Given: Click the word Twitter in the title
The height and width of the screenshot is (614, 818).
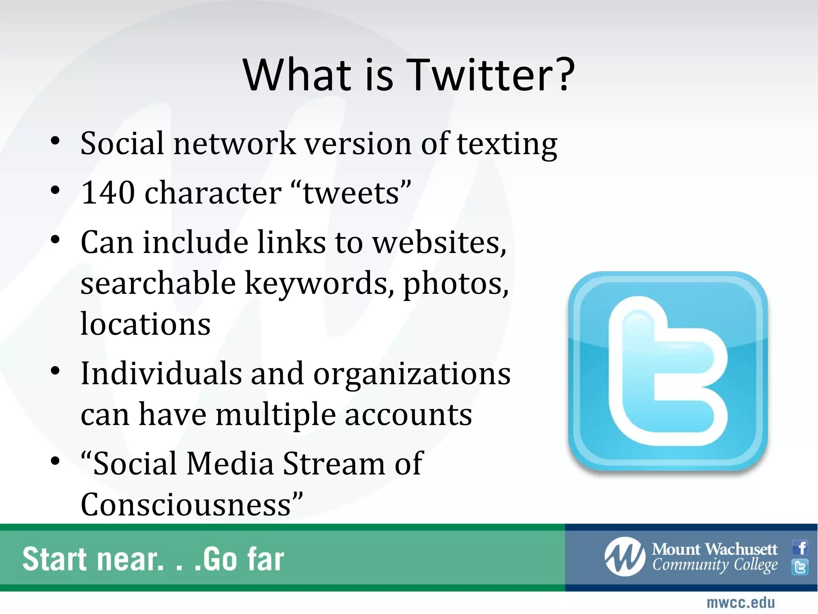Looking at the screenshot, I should click(492, 75).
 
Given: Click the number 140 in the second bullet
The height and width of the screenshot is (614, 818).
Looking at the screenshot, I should click(108, 193).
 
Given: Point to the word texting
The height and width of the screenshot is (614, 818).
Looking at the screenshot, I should click(507, 144).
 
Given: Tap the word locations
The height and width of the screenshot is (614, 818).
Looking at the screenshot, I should click(145, 324).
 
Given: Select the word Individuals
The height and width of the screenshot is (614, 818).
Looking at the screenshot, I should click(161, 373).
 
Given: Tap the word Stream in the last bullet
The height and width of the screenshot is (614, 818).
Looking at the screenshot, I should click(334, 464).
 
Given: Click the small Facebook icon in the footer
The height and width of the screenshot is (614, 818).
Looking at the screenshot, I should click(800, 548).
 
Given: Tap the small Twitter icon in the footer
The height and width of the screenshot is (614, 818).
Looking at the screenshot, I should click(800, 567).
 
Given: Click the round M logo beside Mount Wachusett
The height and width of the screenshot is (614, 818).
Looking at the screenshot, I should click(625, 557).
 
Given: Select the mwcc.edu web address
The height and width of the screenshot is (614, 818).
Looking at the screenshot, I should click(741, 602).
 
